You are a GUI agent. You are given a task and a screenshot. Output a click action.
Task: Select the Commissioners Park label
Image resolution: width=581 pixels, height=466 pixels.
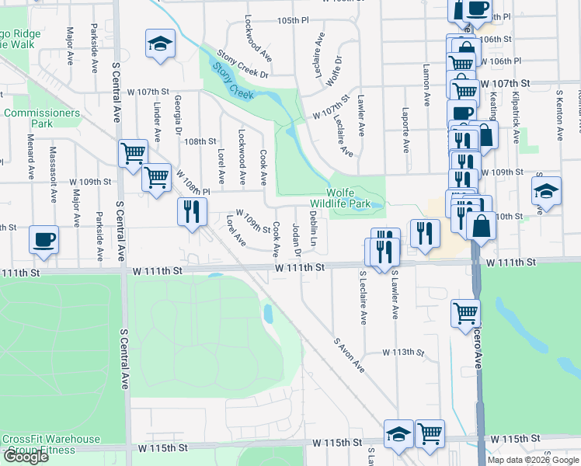point(42,118)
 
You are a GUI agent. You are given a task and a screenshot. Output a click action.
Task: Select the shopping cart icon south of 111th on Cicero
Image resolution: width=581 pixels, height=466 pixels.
point(465,312)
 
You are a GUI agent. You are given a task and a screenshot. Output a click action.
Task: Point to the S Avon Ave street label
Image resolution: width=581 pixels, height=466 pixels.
point(349,354)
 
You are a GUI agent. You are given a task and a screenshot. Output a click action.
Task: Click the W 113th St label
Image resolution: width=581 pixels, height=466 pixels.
point(403,352)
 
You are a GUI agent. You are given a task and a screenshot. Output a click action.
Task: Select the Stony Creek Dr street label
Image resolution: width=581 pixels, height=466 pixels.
point(242,64)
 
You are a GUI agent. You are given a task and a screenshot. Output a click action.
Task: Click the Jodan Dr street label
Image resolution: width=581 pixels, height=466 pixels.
point(296,240)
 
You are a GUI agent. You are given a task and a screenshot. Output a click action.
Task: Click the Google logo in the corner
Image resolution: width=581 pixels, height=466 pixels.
point(25,457)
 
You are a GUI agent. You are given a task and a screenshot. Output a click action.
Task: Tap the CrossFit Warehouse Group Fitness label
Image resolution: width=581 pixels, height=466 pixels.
point(51,444)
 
